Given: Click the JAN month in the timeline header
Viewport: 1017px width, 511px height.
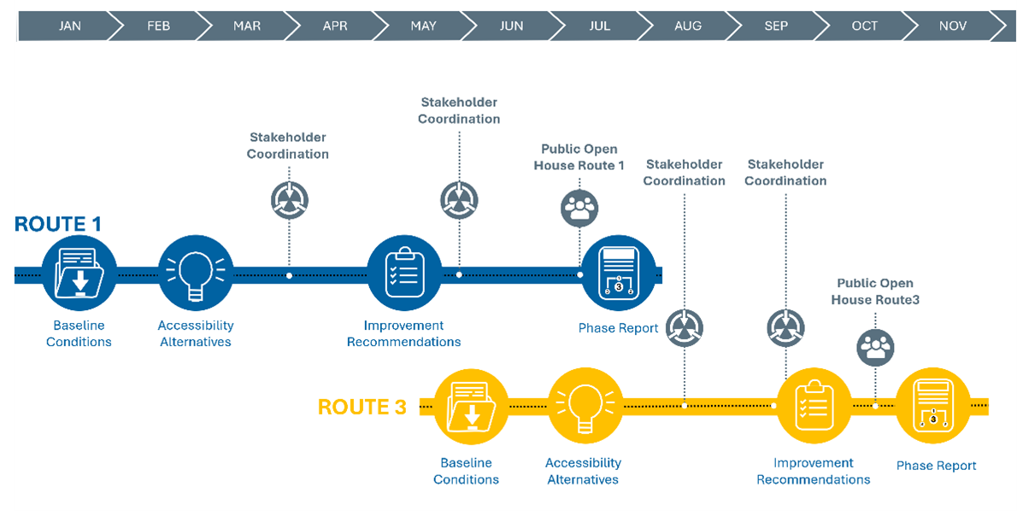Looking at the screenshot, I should [70, 26].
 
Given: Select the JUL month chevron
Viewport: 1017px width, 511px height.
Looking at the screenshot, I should [600, 26].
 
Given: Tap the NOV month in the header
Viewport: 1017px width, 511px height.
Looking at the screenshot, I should [953, 26].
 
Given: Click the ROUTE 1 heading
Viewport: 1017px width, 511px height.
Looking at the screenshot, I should [58, 225].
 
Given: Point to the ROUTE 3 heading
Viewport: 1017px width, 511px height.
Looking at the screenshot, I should [362, 407].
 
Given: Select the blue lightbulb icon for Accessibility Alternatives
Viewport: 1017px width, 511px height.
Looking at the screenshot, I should [195, 274].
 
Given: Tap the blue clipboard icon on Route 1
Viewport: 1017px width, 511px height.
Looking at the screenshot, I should [403, 274].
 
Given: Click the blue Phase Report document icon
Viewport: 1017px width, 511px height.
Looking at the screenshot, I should [618, 274].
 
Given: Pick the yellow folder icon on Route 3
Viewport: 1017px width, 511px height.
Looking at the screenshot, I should [471, 407].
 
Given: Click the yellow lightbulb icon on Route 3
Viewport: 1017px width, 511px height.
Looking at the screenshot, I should [585, 407].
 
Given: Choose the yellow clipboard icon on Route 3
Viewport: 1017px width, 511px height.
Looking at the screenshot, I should [813, 407].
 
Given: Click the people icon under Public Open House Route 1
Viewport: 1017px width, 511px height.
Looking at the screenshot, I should [579, 208].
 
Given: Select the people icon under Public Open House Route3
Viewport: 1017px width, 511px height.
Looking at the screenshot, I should [875, 346].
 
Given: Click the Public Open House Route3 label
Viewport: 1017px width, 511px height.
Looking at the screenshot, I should [875, 291].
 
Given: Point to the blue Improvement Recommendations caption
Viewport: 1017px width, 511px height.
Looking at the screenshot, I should [403, 333].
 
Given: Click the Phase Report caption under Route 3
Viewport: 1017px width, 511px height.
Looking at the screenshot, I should [936, 466].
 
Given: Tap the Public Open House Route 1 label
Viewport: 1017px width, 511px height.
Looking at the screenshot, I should [579, 157].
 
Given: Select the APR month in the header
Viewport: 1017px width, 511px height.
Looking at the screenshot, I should [335, 26].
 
